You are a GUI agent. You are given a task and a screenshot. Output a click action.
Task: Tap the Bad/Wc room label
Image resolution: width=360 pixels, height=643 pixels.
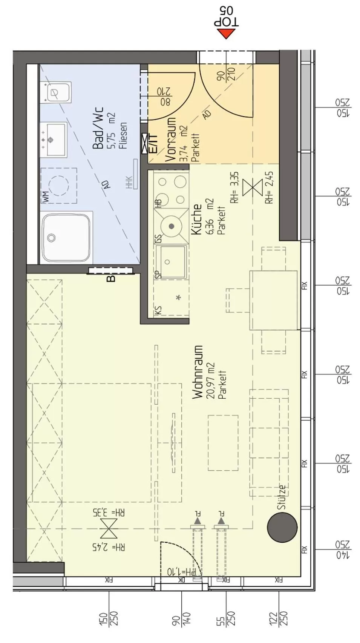98,129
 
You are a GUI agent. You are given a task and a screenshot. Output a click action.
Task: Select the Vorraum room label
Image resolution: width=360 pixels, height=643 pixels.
171,140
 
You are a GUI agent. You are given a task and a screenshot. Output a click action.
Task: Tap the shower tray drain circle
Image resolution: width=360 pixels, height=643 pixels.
51,238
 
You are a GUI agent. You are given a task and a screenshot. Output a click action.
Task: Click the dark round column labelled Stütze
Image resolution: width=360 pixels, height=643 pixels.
282,527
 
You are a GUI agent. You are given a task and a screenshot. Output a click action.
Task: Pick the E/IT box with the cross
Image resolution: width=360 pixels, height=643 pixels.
144,144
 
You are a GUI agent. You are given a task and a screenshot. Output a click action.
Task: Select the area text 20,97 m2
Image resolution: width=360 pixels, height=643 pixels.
210,381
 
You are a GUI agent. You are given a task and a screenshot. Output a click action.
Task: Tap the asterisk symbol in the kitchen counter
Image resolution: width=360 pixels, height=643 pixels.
178,298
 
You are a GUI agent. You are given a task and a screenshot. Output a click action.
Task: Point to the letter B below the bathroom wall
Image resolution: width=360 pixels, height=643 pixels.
111,279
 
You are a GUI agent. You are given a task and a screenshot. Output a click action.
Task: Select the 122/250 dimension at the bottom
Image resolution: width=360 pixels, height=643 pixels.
279,618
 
